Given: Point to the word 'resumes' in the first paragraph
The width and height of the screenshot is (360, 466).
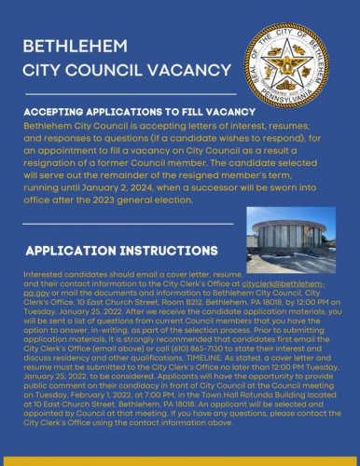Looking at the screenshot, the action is tap(263, 124).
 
